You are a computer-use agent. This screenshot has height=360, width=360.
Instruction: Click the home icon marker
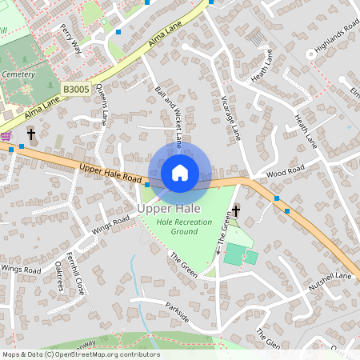[180, 173]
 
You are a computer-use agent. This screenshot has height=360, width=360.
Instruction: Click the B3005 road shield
[76, 90]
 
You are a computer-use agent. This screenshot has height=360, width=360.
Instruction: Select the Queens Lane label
[102, 104]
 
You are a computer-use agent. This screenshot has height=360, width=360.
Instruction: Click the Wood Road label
[286, 170]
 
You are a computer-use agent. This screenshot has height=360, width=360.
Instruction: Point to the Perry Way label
[71, 38]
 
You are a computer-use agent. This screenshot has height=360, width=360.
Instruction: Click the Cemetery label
[18, 74]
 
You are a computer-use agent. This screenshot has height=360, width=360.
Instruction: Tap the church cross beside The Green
[236, 211]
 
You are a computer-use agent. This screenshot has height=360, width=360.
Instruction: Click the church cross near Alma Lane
[32, 134]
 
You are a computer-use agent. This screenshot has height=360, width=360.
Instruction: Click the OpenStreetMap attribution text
[81, 354]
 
